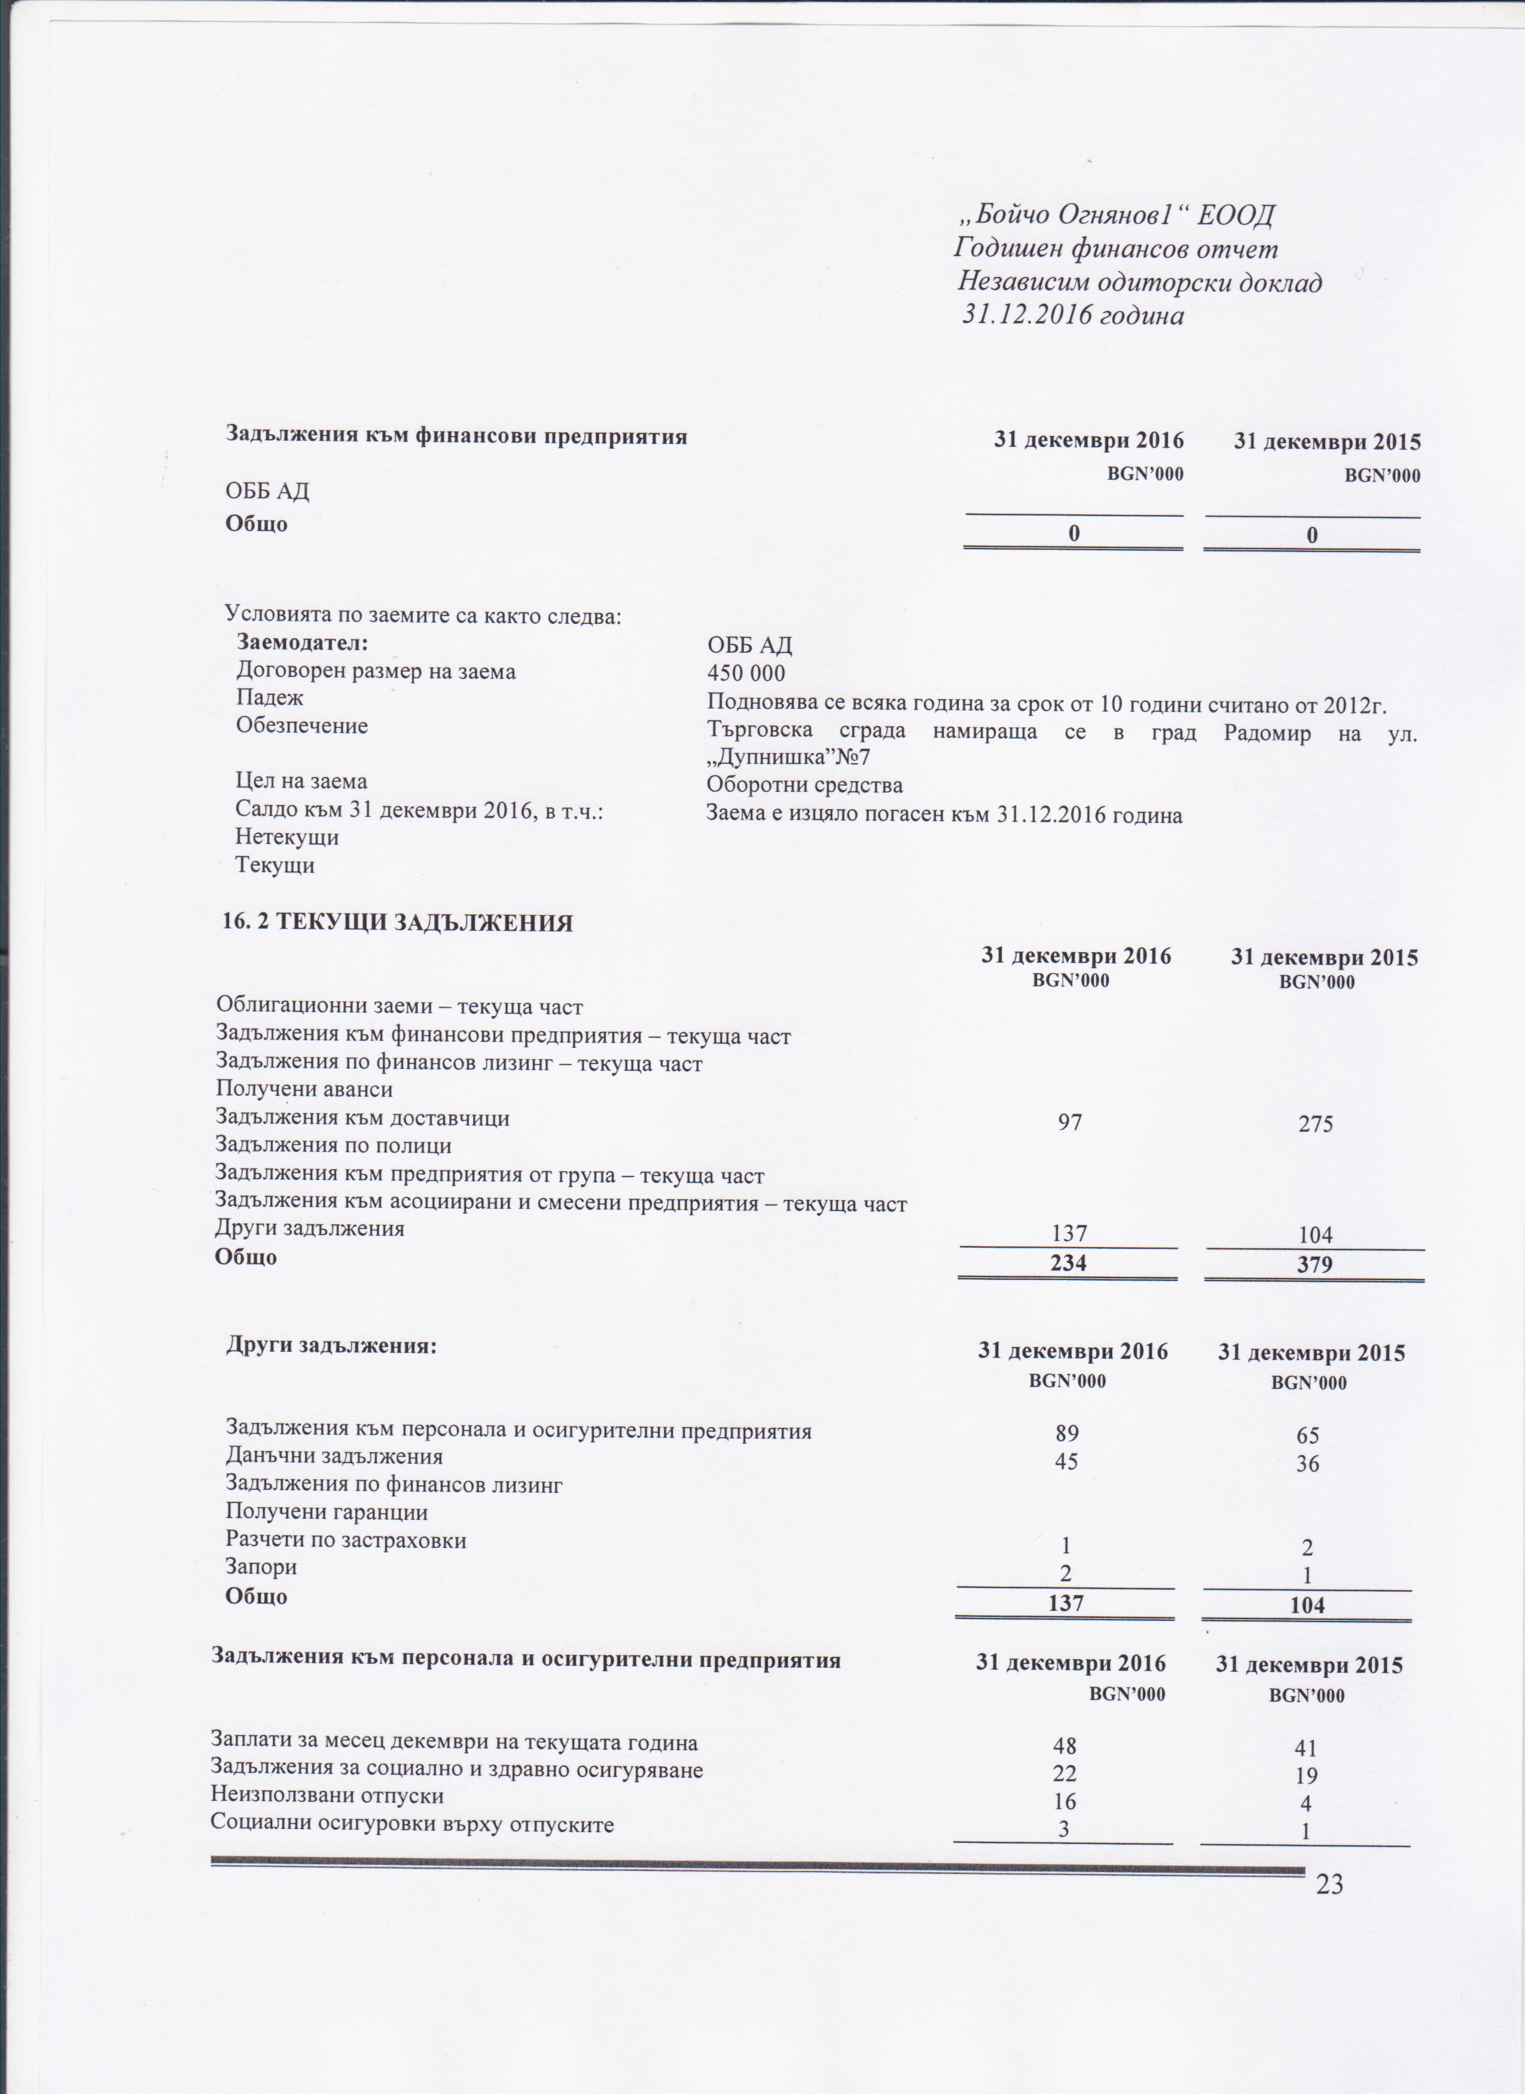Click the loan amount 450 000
(746, 672)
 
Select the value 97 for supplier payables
(1070, 1122)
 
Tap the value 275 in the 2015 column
(1314, 1124)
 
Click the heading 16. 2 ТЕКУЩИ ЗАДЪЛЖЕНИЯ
(397, 922)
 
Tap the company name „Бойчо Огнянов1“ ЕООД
(1115, 216)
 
